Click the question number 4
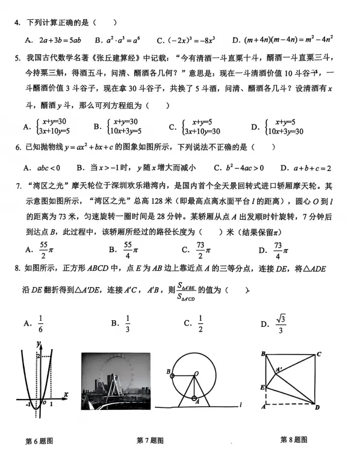tap(17, 23)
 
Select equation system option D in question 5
tap(277, 126)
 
